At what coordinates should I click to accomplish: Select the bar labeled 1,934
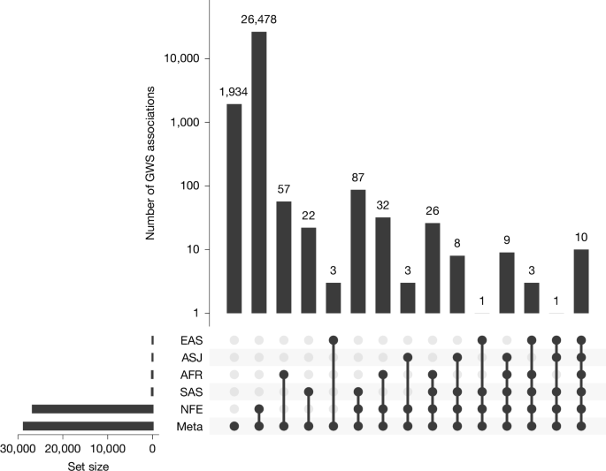[234, 209]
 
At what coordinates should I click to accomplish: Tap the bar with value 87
[358, 251]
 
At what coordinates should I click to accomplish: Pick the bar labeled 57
[284, 257]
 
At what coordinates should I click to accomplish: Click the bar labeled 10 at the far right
[581, 281]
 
